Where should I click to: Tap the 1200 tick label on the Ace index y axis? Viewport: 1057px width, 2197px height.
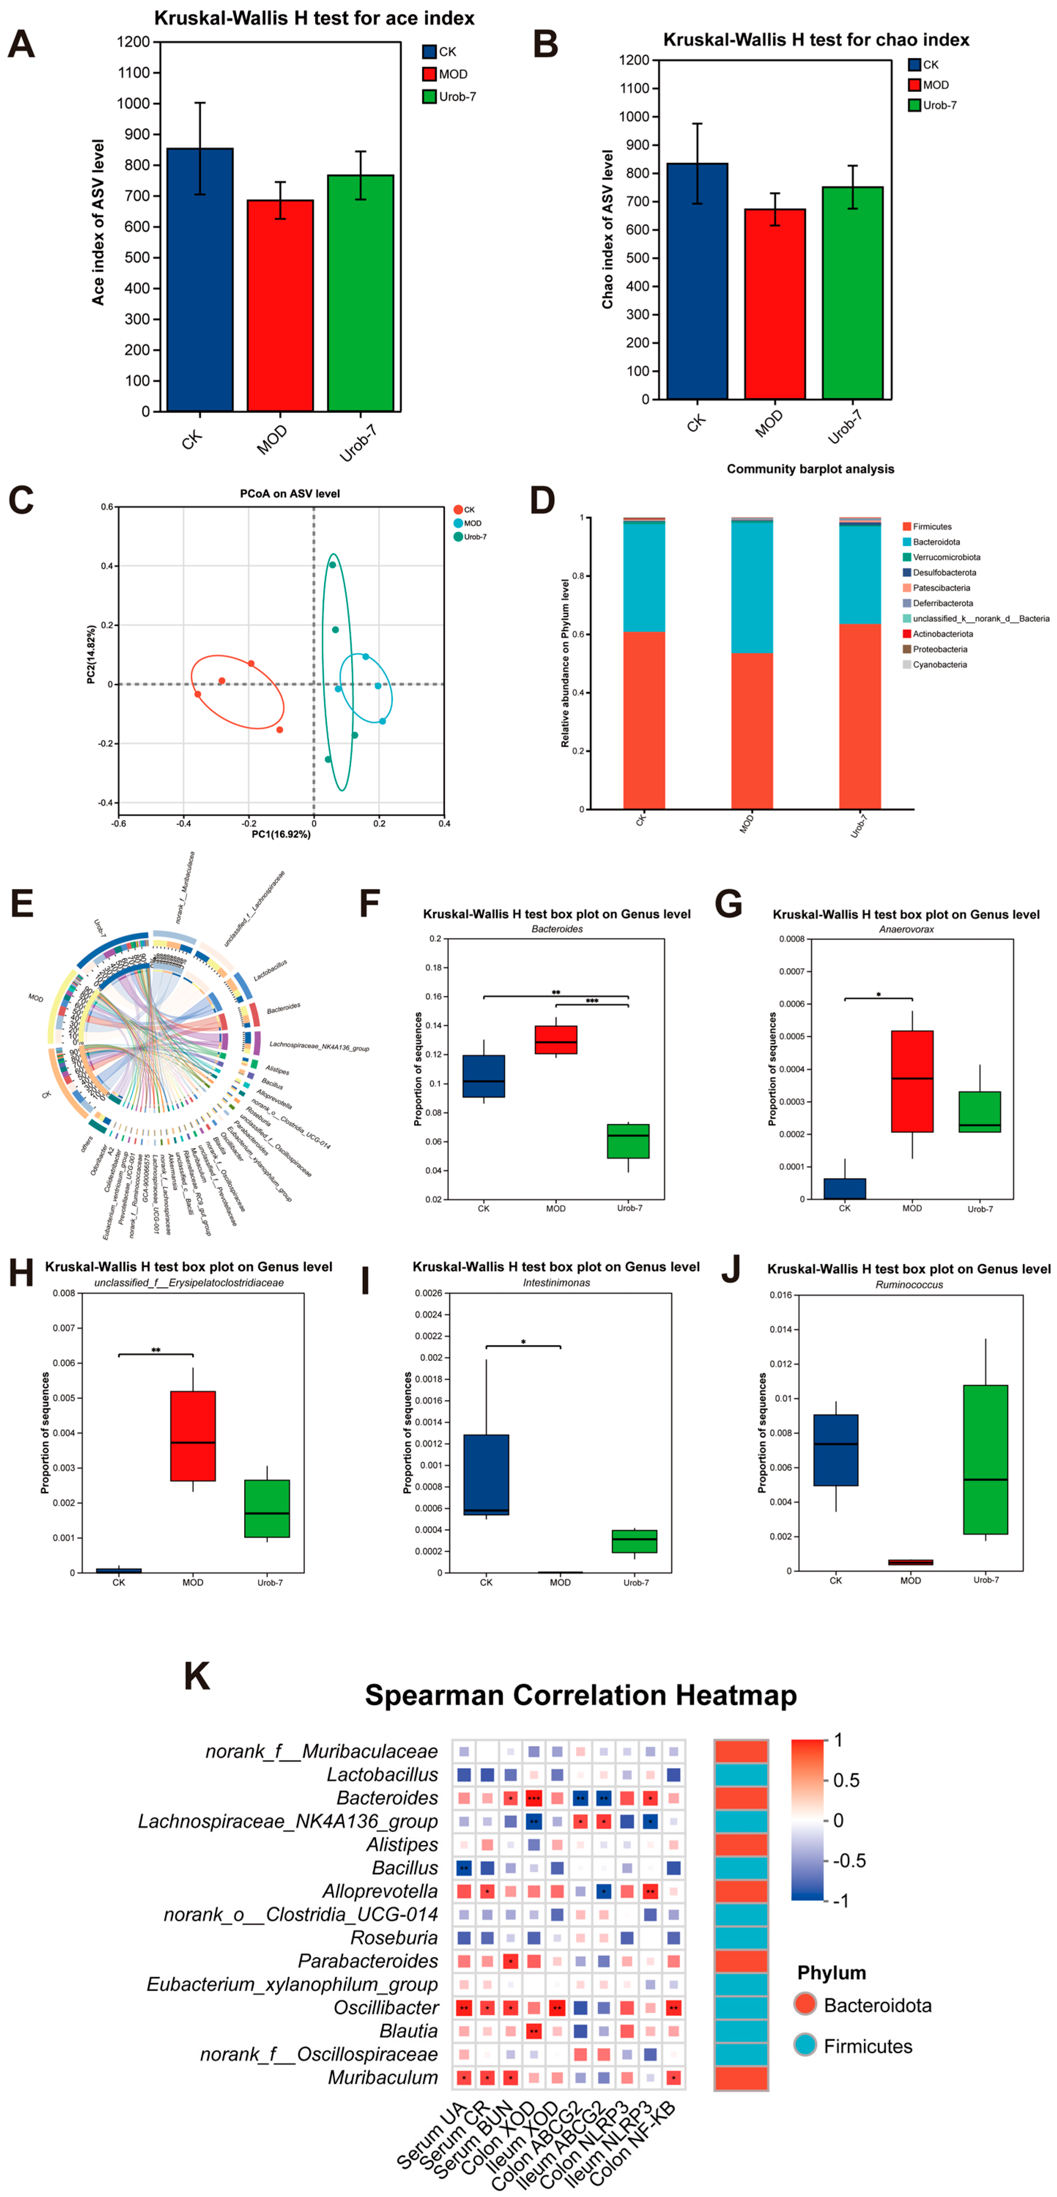(134, 42)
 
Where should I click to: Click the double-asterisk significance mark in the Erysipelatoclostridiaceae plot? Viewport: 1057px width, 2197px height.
(156, 1350)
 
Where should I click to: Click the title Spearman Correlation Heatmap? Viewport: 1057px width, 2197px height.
(581, 1695)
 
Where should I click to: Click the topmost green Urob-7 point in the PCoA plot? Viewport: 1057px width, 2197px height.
(332, 565)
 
